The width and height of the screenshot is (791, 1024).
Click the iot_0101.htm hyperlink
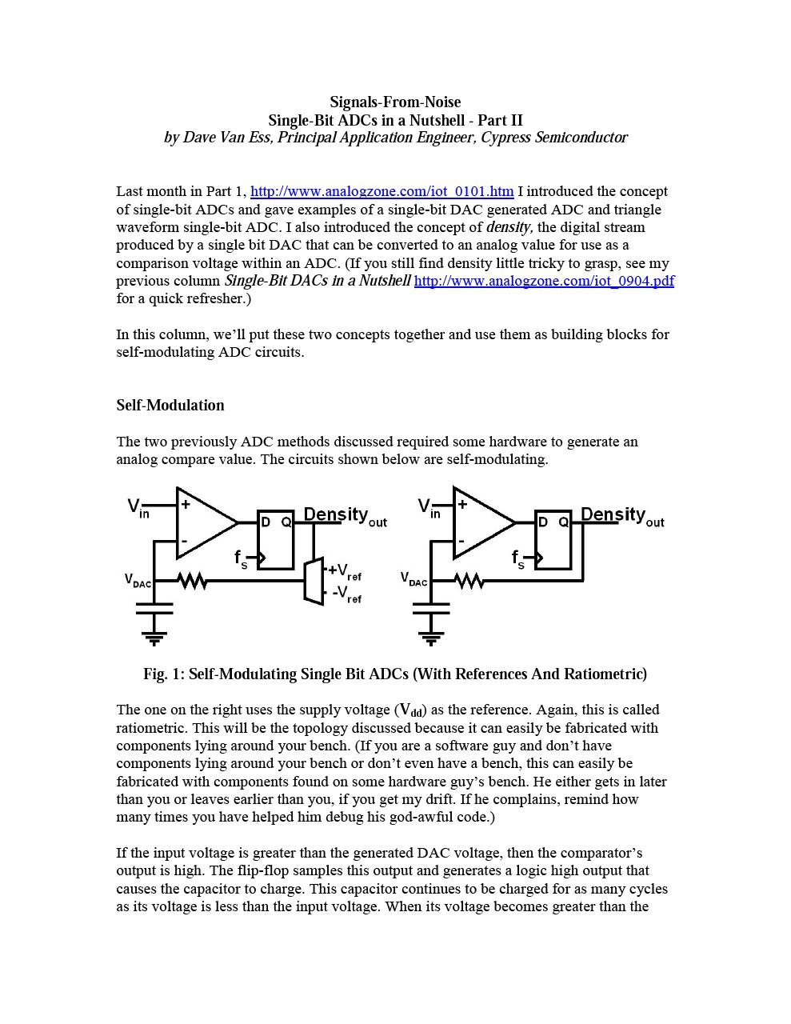coord(382,191)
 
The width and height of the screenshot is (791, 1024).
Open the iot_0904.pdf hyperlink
coord(544,281)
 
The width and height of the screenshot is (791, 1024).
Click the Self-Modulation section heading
coord(170,406)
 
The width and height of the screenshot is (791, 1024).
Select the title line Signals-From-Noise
coord(395,102)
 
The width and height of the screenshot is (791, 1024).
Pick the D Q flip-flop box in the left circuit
coord(275,539)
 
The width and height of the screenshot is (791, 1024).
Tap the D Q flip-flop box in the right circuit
coord(553,539)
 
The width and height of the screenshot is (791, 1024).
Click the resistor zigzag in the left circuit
coord(192,580)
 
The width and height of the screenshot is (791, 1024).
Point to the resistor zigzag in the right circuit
coord(469,580)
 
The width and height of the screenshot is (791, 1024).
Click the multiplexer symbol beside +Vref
coord(314,580)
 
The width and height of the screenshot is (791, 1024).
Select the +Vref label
coord(345,571)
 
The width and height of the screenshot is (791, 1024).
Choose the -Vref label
coord(346,594)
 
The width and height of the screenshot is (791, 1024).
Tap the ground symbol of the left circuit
coord(154,638)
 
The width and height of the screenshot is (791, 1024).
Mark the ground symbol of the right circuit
coord(431,638)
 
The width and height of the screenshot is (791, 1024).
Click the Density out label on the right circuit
coord(622,516)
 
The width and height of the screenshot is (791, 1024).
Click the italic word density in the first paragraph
coord(509,227)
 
